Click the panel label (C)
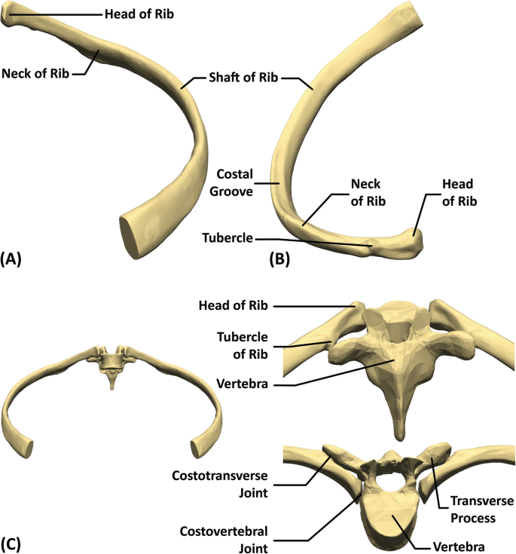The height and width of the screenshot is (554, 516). pos(13,542)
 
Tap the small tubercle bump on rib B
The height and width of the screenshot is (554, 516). pos(368,243)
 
